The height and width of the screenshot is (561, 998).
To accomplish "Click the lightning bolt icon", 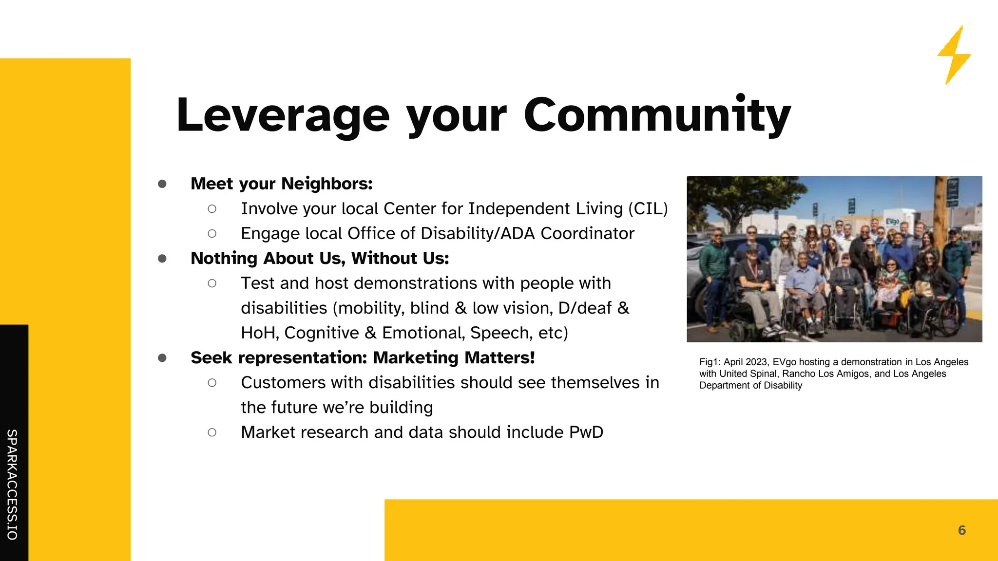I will pyautogui.click(x=954, y=55).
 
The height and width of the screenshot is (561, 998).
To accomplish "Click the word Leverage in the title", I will pyautogui.click(x=283, y=116).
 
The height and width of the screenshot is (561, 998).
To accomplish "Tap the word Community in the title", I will pyautogui.click(x=657, y=116).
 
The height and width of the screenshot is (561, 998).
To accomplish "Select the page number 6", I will pyautogui.click(x=961, y=530).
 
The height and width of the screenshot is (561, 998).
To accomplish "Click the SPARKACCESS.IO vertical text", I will pyautogui.click(x=12, y=485).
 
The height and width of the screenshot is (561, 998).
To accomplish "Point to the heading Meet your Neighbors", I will pyautogui.click(x=281, y=184).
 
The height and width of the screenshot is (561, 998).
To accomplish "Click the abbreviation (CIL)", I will pyautogui.click(x=648, y=209).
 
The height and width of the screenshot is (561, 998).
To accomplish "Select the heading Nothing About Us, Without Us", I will pyautogui.click(x=320, y=258).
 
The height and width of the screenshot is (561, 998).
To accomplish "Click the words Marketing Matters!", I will pyautogui.click(x=454, y=358).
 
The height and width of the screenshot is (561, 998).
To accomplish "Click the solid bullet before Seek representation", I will pyautogui.click(x=162, y=358).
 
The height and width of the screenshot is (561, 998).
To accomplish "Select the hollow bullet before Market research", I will pyautogui.click(x=212, y=432).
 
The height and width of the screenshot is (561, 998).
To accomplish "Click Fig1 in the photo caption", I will pyautogui.click(x=709, y=362).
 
